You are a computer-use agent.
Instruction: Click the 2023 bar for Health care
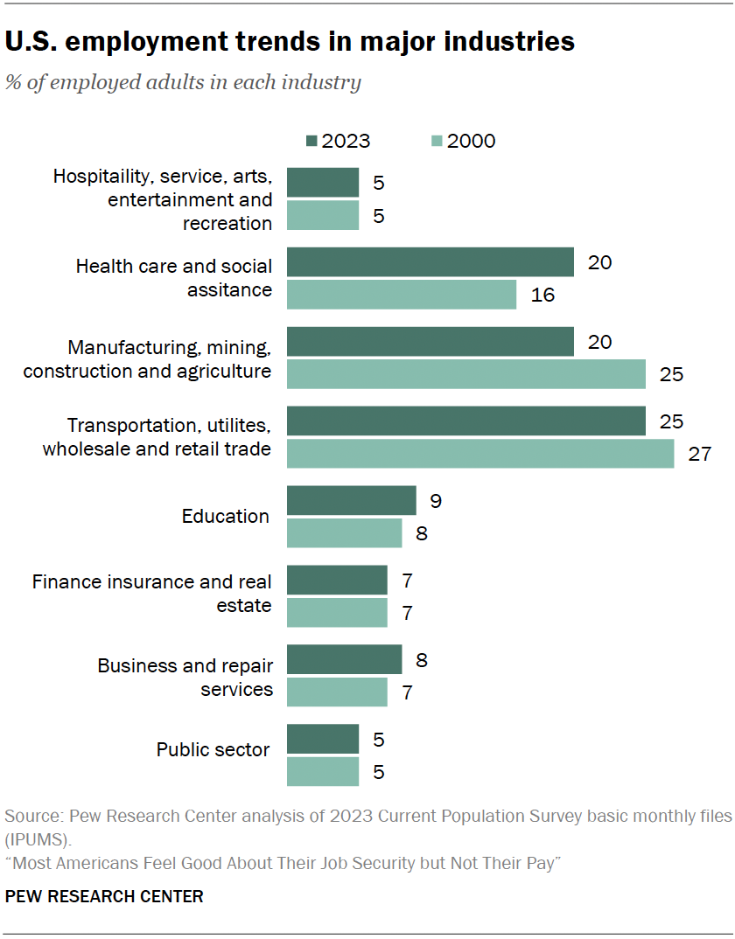coord(430,262)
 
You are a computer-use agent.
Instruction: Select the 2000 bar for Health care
coord(401,295)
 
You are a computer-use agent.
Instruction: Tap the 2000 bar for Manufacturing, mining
coord(465,374)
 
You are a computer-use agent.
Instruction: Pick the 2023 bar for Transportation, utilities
coord(465,421)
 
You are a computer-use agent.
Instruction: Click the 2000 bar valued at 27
coord(480,454)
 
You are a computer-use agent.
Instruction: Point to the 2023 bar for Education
coord(351,501)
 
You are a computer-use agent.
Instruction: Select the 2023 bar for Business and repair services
coord(344,660)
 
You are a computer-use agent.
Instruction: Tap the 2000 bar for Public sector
coord(322,772)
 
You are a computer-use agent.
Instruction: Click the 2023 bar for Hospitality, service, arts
coord(322,183)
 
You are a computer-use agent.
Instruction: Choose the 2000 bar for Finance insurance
coord(337,613)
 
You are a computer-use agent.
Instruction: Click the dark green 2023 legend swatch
coord(311,142)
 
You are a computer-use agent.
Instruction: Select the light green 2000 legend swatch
coord(437,142)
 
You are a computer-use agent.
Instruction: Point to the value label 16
coord(542,296)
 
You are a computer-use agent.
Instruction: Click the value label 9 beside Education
coord(436,501)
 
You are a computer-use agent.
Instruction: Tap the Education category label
coord(226,517)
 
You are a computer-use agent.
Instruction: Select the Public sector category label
coord(213,750)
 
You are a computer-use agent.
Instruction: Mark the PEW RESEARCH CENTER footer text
coord(104,896)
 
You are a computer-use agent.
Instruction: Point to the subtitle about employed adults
coord(183,84)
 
